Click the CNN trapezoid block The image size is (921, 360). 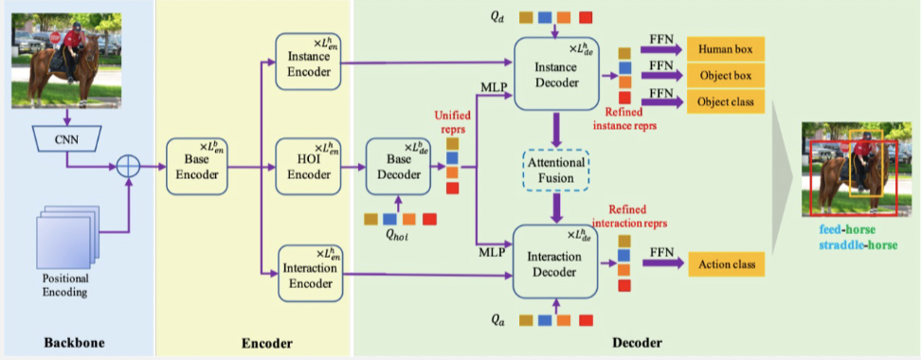coord(66,138)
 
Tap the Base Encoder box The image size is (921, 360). coord(197,167)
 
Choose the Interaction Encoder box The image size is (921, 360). coord(310,274)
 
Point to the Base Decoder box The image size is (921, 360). coord(399,167)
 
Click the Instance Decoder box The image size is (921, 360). coord(554,74)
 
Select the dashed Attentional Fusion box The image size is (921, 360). coord(556,170)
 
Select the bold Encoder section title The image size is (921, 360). coord(267,342)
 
